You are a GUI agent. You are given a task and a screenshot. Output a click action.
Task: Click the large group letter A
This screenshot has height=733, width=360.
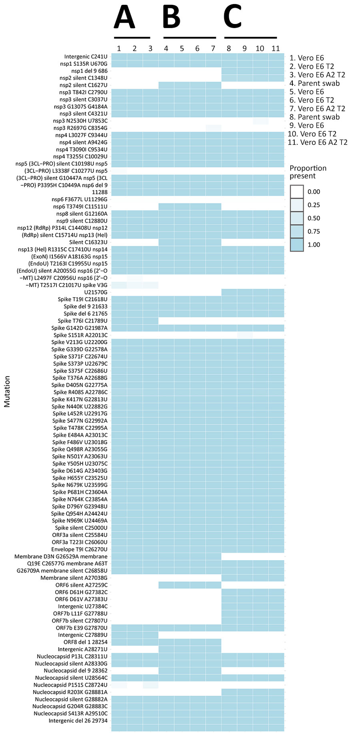124,18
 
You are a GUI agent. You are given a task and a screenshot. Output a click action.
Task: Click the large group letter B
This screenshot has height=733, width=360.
172,18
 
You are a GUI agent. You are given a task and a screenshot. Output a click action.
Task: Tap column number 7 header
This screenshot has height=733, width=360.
213,48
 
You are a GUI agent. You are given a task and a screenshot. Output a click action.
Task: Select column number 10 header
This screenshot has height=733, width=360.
260,48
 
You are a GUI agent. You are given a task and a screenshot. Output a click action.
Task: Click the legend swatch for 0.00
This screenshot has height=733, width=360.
297,192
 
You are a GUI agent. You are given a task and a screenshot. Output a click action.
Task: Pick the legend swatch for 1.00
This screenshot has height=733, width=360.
297,244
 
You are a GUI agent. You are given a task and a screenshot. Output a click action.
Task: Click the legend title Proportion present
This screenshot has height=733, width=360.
308,172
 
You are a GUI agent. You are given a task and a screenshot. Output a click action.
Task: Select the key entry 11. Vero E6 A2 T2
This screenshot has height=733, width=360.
318,142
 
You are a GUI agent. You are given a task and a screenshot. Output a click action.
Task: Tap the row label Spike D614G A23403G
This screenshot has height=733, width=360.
80,471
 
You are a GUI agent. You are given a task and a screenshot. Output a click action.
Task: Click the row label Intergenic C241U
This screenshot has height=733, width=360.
86,57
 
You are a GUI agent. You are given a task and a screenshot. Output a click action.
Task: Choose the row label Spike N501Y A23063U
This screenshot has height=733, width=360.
80,456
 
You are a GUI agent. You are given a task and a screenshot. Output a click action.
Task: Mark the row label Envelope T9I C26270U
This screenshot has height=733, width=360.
79,549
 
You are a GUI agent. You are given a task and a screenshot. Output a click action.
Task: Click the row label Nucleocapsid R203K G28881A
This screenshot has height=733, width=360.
70,692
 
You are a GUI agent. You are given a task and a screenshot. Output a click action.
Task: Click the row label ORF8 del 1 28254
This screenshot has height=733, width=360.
85,642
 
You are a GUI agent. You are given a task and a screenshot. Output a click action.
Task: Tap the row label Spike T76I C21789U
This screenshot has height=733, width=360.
82,320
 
